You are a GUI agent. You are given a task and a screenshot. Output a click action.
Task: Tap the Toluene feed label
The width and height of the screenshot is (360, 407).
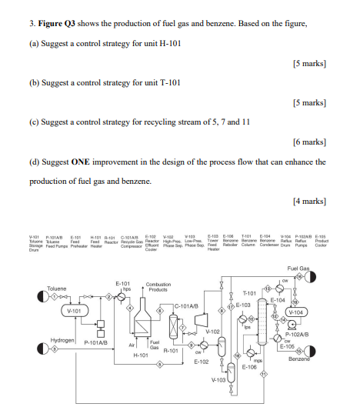click(x=56, y=289)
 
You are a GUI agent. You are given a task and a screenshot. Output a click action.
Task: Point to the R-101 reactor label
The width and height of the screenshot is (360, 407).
click(x=171, y=349)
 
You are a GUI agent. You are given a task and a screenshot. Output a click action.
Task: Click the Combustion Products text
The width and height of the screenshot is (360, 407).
click(x=158, y=287)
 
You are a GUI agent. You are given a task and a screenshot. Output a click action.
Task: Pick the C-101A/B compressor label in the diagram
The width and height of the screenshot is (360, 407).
click(x=187, y=306)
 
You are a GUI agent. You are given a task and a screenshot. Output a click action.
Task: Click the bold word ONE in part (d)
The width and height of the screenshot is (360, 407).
click(x=81, y=162)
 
